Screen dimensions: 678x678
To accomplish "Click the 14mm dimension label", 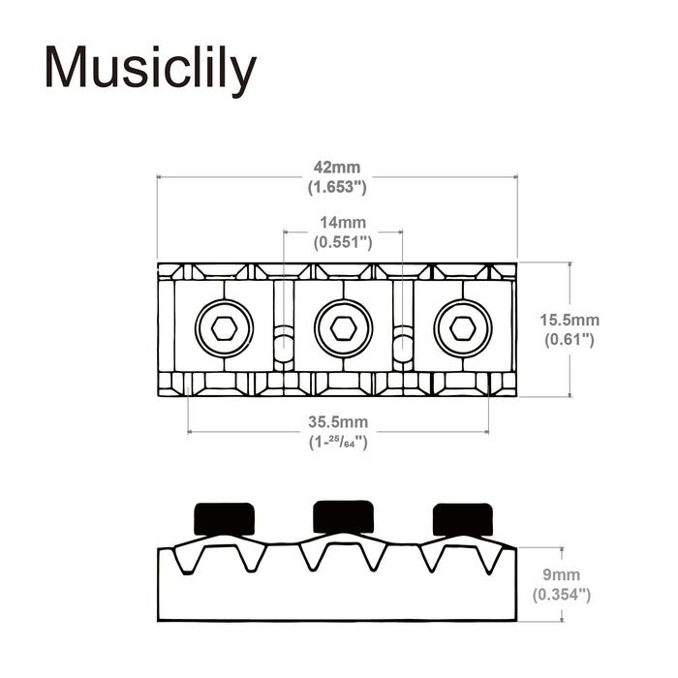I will coord(343,224).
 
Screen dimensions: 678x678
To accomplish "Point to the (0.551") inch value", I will coord(343,242).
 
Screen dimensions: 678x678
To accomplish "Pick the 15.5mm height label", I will coord(570,320).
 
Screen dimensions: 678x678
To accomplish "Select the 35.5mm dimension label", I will coord(336,422).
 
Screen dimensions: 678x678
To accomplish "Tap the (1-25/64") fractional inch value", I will coord(336,442).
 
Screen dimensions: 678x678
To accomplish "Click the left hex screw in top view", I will coord(224,328).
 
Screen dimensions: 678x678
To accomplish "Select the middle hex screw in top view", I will coord(343,328).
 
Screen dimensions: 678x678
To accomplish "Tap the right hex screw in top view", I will coord(463,328).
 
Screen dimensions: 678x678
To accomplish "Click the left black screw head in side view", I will coord(225,518).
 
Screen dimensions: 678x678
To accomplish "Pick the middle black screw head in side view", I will coord(343,515).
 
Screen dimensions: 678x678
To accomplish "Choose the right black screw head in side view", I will coord(462,518).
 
